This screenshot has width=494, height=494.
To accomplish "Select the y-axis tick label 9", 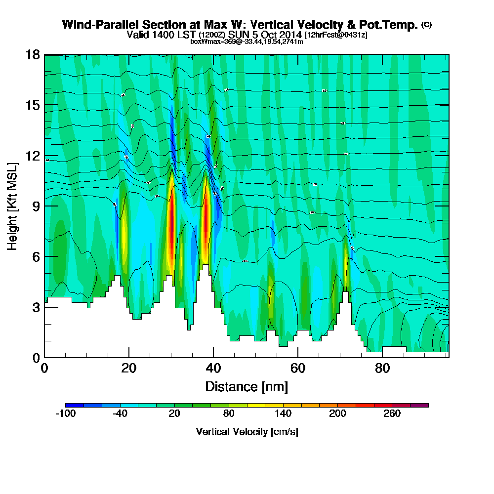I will point(36,206).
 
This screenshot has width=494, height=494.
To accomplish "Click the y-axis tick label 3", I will point(36,307).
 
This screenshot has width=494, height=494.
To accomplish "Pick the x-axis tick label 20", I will point(129,368).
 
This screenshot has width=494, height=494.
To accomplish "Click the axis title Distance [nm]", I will point(247,386).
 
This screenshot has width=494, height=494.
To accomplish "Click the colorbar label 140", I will point(283,414).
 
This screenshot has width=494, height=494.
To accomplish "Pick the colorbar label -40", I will point(120,414).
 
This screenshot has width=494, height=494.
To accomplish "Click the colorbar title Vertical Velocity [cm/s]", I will point(247,432).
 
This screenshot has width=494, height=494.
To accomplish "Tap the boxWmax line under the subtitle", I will point(247,41).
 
